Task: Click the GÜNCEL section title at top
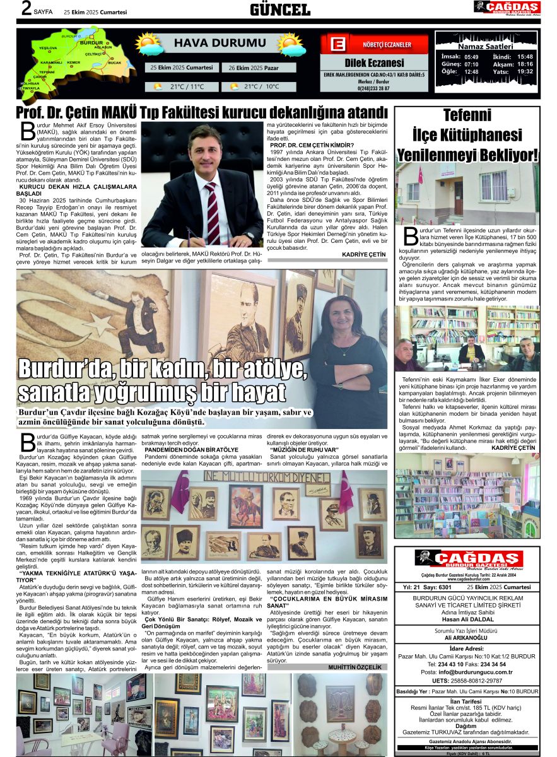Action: click(x=279, y=9)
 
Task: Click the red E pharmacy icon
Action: click(x=338, y=45)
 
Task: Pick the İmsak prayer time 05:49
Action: click(x=471, y=56)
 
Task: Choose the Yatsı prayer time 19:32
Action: click(x=525, y=72)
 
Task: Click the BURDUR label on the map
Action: click(x=82, y=44)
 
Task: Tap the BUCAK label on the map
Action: click(x=114, y=63)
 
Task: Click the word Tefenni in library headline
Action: click(x=467, y=115)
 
